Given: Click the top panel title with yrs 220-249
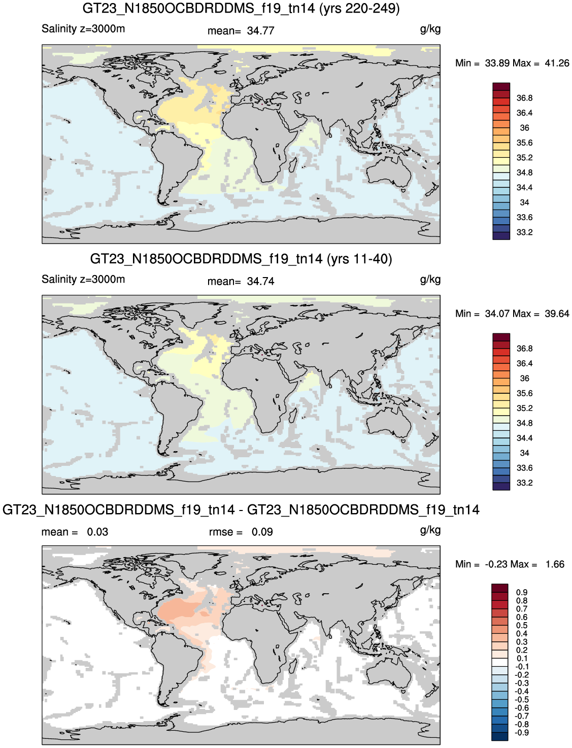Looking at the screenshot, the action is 241,8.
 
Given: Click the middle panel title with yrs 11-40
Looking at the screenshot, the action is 241,259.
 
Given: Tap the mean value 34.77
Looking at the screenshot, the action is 260,30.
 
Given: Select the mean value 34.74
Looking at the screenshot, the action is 260,281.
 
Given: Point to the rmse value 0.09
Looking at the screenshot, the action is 262,532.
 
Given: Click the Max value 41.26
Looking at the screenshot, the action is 557,63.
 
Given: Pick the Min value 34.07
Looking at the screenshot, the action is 497,314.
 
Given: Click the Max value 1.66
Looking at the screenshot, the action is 555,564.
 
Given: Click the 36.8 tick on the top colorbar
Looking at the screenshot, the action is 524,98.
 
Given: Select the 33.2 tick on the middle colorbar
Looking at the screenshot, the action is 524,483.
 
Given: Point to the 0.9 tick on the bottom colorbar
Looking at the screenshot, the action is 522,592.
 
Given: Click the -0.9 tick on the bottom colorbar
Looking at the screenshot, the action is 522,732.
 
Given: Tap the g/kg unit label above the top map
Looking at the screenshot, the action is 430,29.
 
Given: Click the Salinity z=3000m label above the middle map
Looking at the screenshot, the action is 83,279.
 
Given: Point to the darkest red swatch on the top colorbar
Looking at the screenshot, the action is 501,87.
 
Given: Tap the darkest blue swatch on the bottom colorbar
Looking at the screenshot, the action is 499,736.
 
